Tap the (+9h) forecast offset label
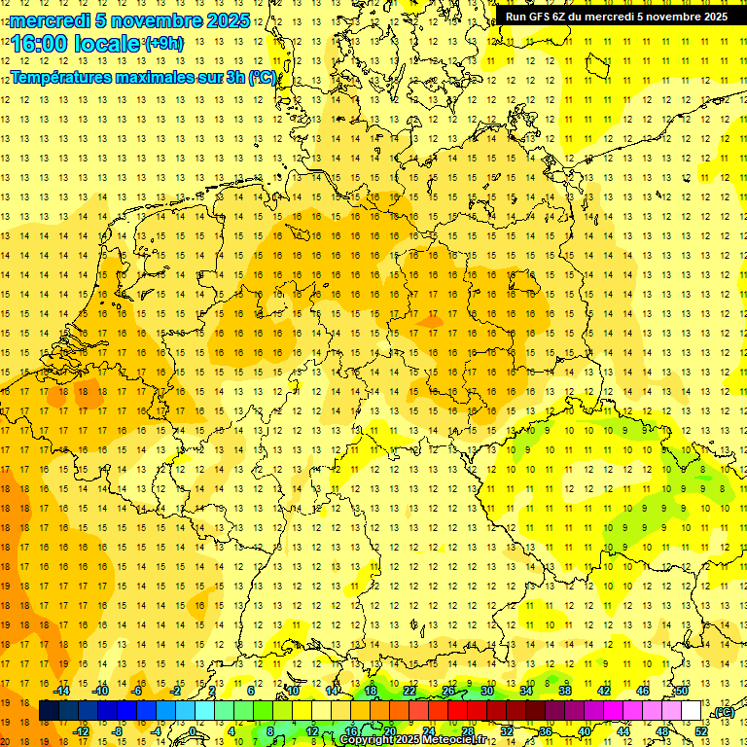tap(162, 43)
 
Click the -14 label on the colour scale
tap(61, 691)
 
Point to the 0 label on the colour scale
tap(194, 731)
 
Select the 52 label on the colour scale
tap(701, 731)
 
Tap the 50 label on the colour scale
tap(682, 691)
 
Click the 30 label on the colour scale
tap(487, 691)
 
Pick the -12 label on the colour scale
tap(81, 731)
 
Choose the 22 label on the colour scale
tap(409, 691)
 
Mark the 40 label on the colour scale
tap(585, 731)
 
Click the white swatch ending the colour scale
tap(691, 711)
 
